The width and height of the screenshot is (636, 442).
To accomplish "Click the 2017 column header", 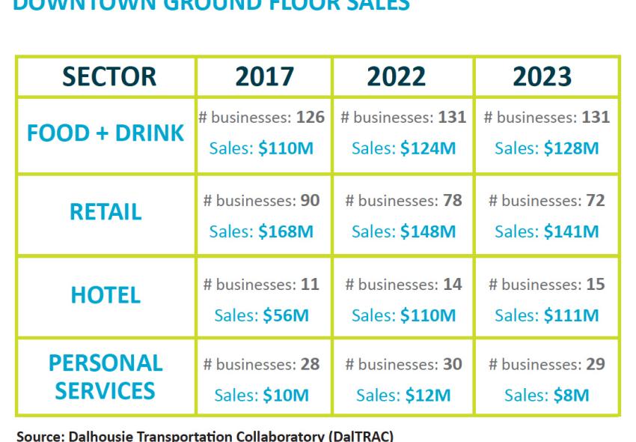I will click(x=263, y=76).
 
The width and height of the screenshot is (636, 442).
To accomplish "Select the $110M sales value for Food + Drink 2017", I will click(x=286, y=148).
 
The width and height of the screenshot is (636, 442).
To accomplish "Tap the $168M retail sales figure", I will click(x=286, y=231).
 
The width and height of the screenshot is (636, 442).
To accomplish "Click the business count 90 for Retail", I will click(x=308, y=201).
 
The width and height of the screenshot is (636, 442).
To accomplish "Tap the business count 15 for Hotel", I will click(x=596, y=285).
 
